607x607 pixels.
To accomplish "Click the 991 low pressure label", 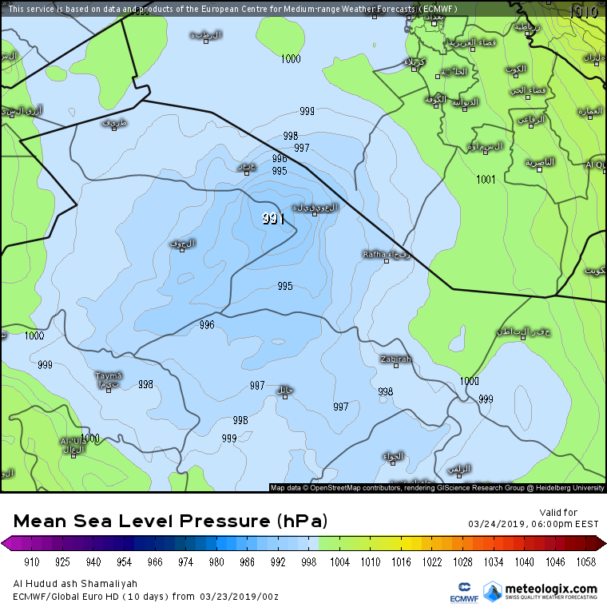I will coord(273,219).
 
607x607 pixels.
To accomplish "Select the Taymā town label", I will coord(109,375).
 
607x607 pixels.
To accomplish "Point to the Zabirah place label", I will coord(395,359).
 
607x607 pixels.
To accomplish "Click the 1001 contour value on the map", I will coord(486,179).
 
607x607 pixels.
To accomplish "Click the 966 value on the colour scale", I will coord(155,561).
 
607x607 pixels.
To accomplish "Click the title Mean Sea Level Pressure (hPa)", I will coord(171,522).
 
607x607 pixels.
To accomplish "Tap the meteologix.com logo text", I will coord(551,589).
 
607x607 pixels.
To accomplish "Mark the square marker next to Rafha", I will coord(387,260).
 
